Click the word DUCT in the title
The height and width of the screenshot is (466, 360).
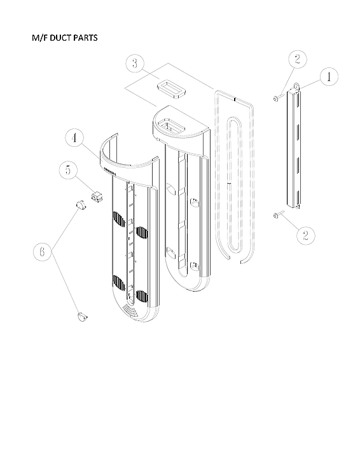coord(63,38)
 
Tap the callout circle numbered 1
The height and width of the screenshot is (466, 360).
coord(328,78)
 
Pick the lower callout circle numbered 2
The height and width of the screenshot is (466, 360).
coord(307,235)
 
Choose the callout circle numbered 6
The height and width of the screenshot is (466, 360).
coord(43,252)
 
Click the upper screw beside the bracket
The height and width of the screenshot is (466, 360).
coord(275,98)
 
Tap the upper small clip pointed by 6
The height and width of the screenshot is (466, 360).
coord(80,205)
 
